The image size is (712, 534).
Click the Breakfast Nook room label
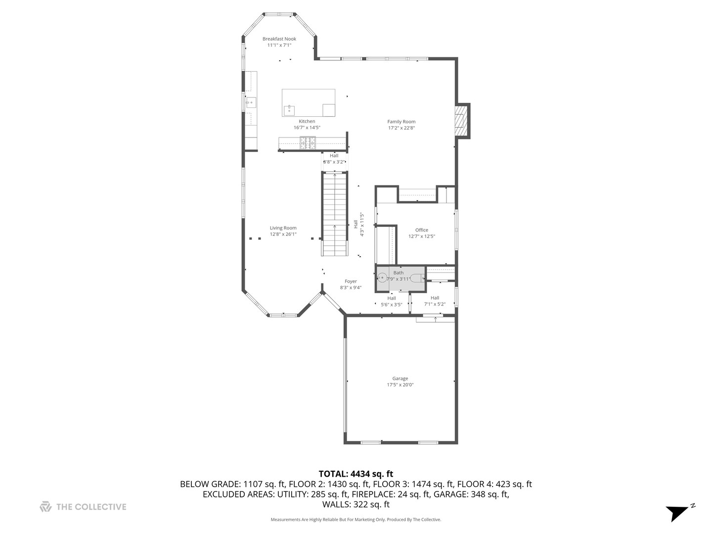tap(279, 39)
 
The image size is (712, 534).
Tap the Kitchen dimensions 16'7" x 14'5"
tap(307, 128)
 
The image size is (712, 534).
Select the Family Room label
tap(401, 122)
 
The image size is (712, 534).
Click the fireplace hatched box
tap(461, 120)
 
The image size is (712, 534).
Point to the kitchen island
tap(308, 102)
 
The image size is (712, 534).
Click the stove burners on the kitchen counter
tap(309, 143)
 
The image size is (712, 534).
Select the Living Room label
tap(283, 228)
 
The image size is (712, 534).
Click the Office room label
tap(422, 230)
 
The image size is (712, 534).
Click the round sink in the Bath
tap(382, 278)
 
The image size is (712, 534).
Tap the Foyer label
tap(351, 281)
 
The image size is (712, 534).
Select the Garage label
tap(400, 379)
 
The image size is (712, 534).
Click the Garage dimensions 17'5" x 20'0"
tap(400, 385)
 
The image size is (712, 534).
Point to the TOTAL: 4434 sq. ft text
tap(356, 474)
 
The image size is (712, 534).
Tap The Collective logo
tap(83, 507)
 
